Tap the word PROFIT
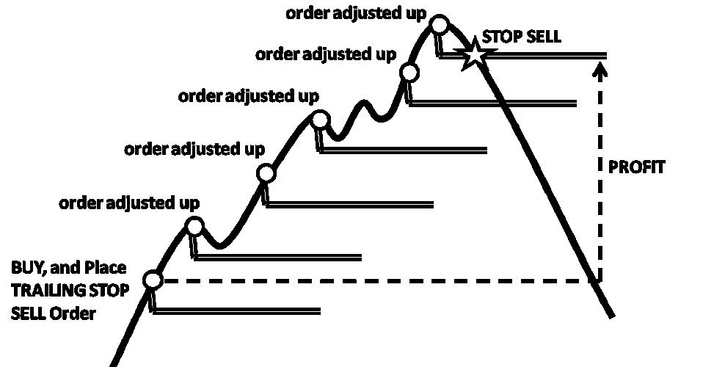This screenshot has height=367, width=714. click(x=637, y=167)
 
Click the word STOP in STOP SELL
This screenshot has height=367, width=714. click(x=499, y=37)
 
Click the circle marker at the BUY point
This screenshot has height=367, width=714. click(x=153, y=280)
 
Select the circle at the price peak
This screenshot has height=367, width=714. click(x=439, y=26)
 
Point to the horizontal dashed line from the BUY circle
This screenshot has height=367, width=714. click(x=367, y=280)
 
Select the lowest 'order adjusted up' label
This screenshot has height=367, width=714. click(x=129, y=202)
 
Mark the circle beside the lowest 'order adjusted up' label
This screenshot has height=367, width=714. click(x=194, y=225)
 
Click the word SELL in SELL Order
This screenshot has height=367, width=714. click(x=26, y=313)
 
